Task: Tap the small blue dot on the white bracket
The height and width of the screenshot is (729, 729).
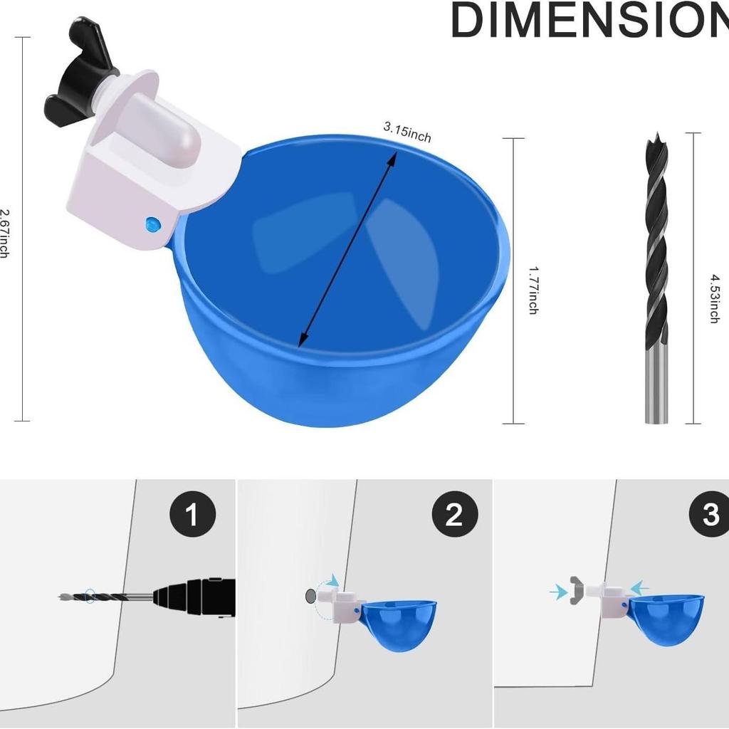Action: point(153,224)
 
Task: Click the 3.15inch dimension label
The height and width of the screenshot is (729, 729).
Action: point(407,132)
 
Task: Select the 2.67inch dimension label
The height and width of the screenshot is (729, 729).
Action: point(5,234)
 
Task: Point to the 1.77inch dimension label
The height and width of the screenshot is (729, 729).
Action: point(534,290)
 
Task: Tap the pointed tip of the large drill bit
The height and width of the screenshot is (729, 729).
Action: point(657,133)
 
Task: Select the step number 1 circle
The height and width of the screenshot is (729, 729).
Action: point(192,514)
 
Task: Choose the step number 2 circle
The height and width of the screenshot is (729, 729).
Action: point(455,514)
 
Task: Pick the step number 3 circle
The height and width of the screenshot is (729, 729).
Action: point(710,514)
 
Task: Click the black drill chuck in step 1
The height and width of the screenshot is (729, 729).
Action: point(194,597)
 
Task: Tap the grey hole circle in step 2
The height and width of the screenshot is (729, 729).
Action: point(310,596)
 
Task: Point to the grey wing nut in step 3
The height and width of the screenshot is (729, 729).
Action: point(577,590)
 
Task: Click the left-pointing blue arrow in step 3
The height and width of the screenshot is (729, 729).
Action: point(640,588)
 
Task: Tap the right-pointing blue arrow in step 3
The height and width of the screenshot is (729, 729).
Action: point(558,592)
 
